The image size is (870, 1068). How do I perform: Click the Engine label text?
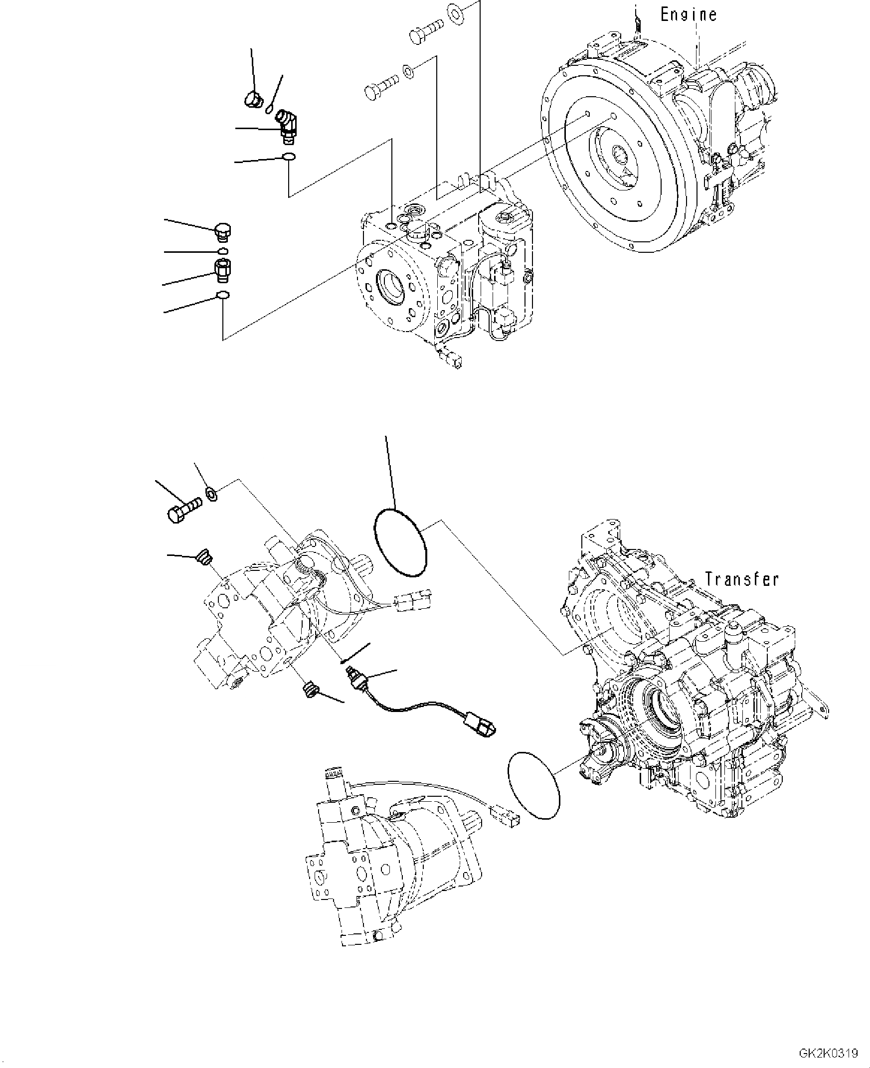click(x=688, y=14)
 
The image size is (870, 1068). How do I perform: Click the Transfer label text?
click(x=742, y=579)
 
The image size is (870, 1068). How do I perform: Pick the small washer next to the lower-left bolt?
click(x=211, y=494)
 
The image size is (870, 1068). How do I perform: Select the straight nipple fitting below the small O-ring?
click(x=222, y=270)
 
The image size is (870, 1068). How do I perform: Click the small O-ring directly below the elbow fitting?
click(x=289, y=158)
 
